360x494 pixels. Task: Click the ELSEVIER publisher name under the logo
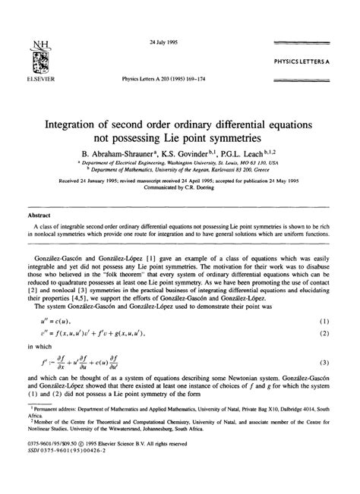[x=33, y=76]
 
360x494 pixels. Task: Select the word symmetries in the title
[x=249, y=139]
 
